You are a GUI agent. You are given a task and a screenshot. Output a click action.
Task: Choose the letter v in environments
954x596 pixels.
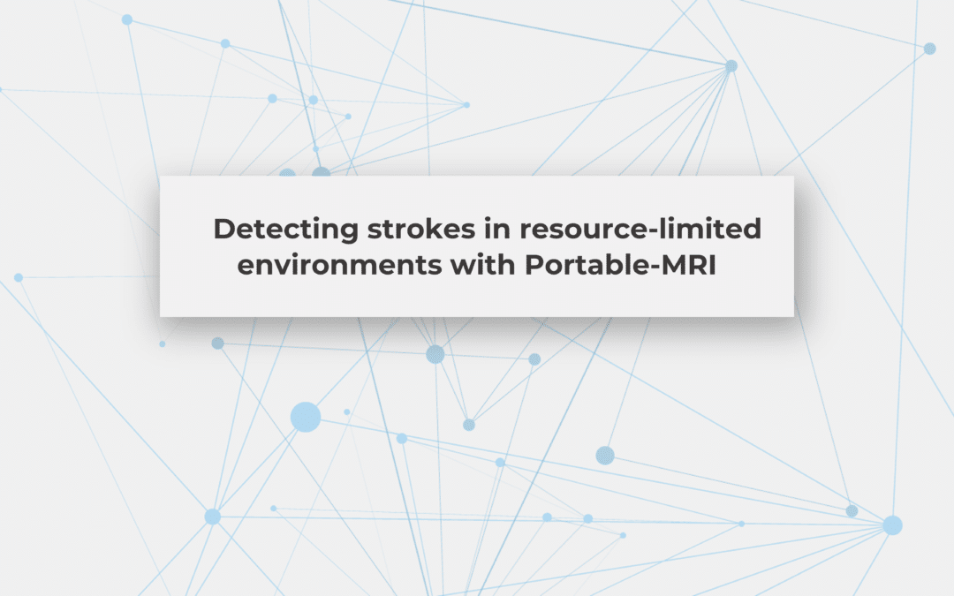click(269, 265)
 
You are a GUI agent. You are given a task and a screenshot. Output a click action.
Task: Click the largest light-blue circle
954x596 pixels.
click(305, 417)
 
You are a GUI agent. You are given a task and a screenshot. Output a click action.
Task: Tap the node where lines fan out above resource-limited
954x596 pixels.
click(731, 66)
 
